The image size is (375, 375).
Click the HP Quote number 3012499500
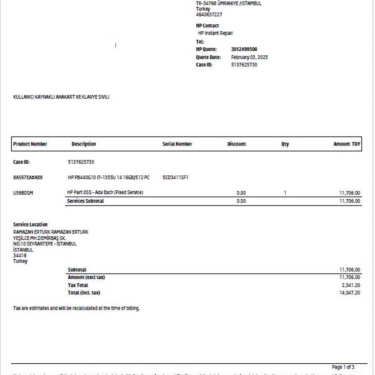(x=244, y=49)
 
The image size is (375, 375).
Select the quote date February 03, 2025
(x=249, y=57)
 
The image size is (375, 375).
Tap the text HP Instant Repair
(x=215, y=33)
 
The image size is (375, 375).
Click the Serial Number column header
(x=177, y=144)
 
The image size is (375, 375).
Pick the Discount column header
(x=236, y=144)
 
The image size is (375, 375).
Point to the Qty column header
(x=285, y=144)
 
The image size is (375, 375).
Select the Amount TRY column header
(x=347, y=144)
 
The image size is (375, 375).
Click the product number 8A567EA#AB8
(x=28, y=177)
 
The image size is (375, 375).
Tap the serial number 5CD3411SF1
(x=175, y=177)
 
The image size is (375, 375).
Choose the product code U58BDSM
(x=23, y=193)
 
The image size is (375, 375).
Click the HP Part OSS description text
(x=105, y=192)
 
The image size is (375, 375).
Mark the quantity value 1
(x=285, y=193)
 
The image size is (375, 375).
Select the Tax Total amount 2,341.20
(x=350, y=285)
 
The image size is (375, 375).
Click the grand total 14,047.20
(x=350, y=293)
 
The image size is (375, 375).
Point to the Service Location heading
(x=30, y=225)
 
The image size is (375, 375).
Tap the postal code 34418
(x=20, y=255)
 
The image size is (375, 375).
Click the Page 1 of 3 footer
(x=343, y=367)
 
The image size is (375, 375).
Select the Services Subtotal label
(x=85, y=201)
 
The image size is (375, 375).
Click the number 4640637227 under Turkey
(x=209, y=15)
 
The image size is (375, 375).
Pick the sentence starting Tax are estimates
(x=76, y=308)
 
